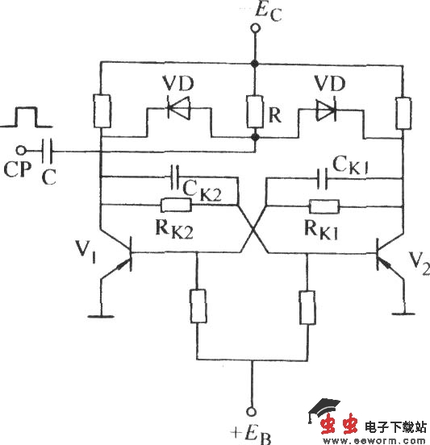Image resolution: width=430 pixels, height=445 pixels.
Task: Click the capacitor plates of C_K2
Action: [x=175, y=175]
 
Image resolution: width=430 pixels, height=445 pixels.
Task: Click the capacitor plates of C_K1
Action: [x=324, y=175]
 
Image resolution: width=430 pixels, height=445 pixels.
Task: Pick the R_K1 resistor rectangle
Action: [x=324, y=205]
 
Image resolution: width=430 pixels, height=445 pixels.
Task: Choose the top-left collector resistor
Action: [x=101, y=111]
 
